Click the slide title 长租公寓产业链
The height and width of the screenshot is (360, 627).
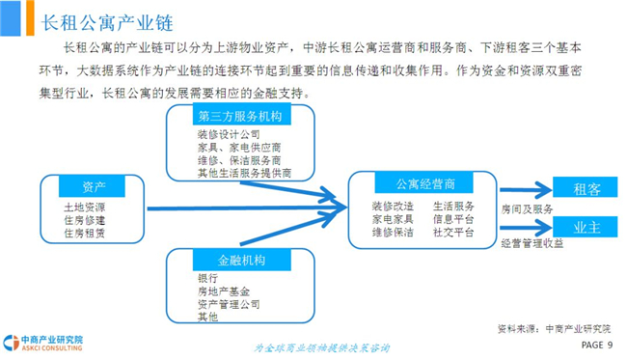[107, 23]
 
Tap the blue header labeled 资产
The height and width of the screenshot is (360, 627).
[92, 186]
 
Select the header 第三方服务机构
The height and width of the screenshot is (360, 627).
[241, 115]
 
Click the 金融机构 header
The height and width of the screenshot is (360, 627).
[241, 260]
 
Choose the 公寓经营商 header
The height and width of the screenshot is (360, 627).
[423, 183]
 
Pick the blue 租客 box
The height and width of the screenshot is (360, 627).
[586, 187]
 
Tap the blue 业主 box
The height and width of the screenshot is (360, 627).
[586, 227]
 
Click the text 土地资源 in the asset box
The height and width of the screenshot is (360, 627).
[84, 208]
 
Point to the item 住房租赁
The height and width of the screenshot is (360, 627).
[84, 233]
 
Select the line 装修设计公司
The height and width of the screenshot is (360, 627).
[229, 134]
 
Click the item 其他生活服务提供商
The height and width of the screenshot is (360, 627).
[244, 173]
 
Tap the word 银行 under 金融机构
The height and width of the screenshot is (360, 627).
[208, 278]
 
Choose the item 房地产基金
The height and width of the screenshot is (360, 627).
[224, 291]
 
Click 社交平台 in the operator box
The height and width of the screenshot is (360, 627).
[453, 233]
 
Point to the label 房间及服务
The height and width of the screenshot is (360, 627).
[527, 208]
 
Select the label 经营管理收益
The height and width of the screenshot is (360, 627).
[532, 243]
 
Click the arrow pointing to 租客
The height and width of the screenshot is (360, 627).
[527, 190]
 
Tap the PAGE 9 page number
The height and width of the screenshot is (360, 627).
[596, 345]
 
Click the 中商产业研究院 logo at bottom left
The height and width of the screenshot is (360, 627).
[42, 344]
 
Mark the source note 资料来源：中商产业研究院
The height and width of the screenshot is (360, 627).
[555, 329]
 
